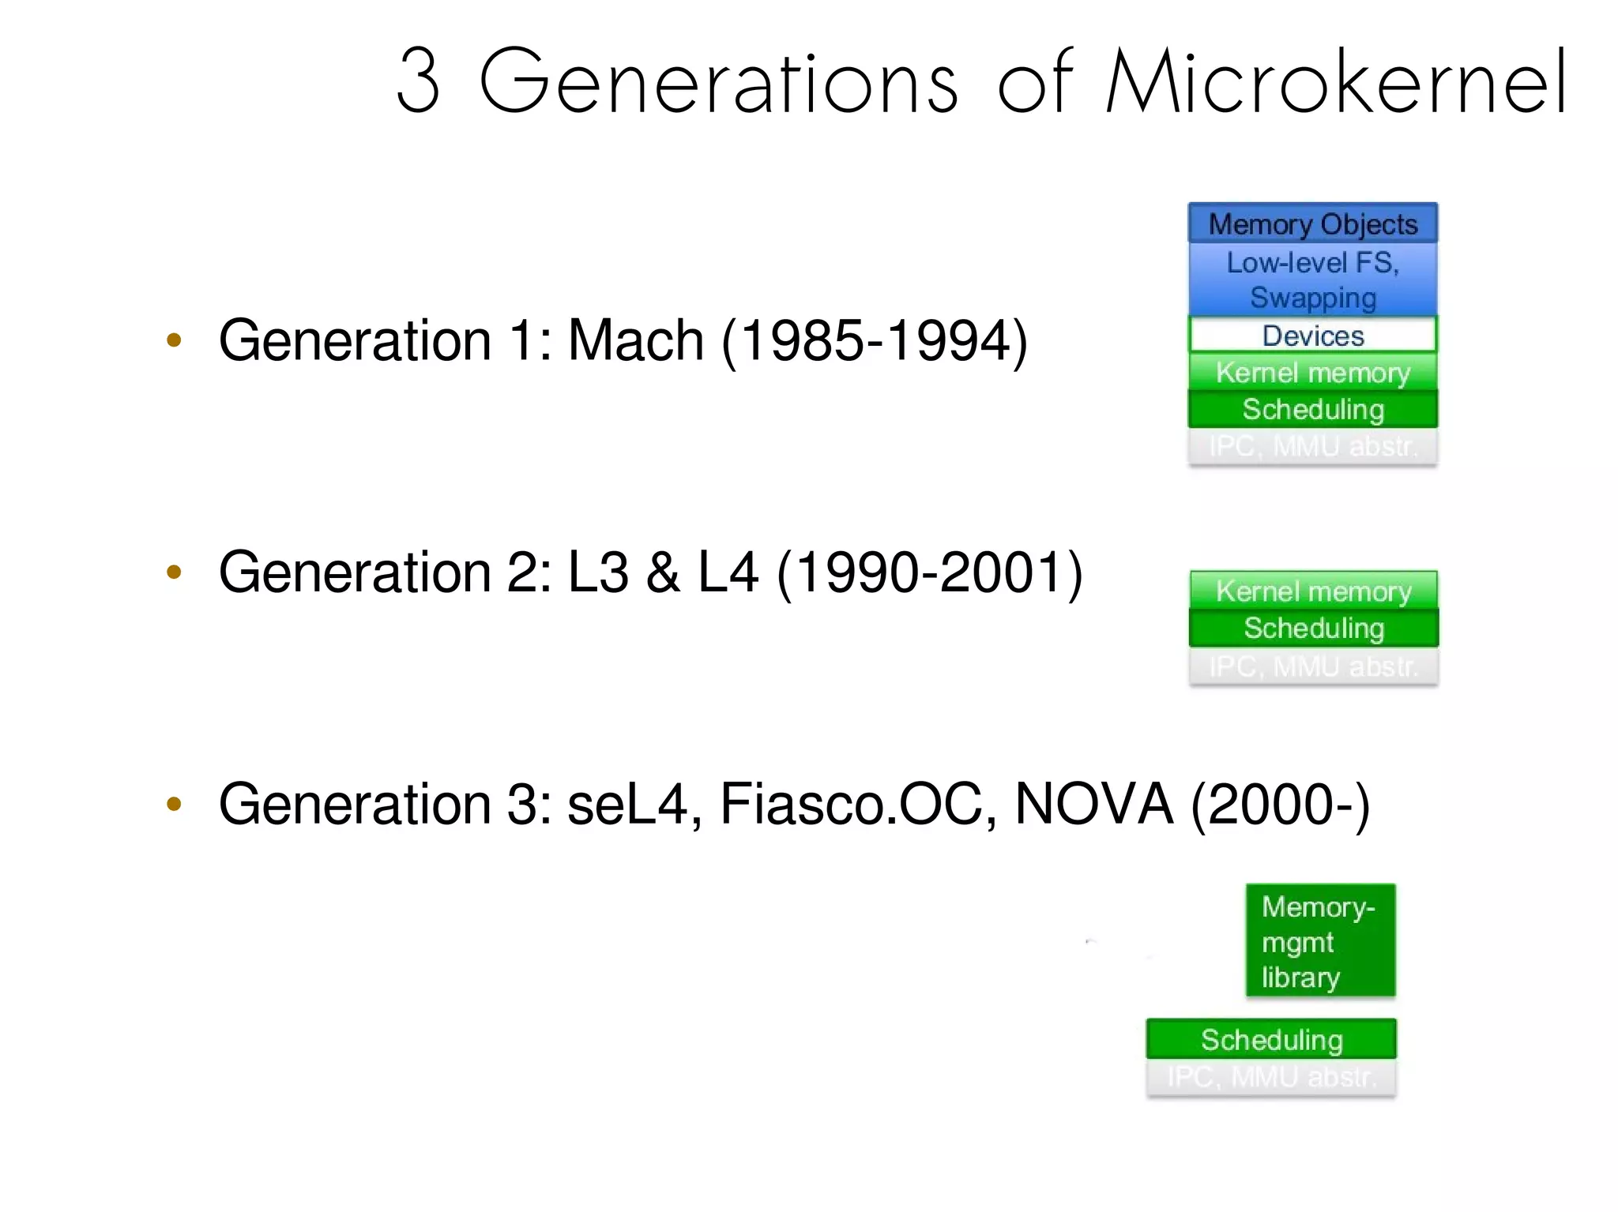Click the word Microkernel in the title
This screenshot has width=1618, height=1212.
click(x=1335, y=81)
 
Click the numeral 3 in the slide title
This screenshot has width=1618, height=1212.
click(x=418, y=81)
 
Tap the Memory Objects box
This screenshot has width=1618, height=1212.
click(x=1312, y=224)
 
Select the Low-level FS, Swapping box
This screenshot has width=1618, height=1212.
click(x=1312, y=280)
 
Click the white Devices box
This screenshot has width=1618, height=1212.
click(x=1312, y=336)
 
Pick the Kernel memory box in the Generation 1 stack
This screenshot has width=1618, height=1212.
click(x=1312, y=372)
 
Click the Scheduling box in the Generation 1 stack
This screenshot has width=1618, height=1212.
click(x=1312, y=409)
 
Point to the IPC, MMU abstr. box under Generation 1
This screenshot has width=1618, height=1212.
click(x=1312, y=446)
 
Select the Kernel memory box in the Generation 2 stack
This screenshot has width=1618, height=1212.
click(x=1313, y=591)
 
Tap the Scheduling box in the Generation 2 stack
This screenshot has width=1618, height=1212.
click(x=1313, y=628)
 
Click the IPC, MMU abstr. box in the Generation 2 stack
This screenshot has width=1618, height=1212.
click(x=1313, y=666)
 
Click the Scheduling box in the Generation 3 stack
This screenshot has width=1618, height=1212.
click(x=1271, y=1039)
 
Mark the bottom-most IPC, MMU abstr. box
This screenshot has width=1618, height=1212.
click(x=1271, y=1077)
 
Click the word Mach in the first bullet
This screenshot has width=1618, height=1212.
click(x=635, y=341)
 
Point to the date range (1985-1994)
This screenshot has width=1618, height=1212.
click(x=875, y=341)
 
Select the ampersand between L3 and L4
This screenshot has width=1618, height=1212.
click(x=662, y=572)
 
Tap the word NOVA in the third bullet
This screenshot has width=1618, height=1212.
click(x=1093, y=805)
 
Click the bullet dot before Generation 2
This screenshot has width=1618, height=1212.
click(x=174, y=572)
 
